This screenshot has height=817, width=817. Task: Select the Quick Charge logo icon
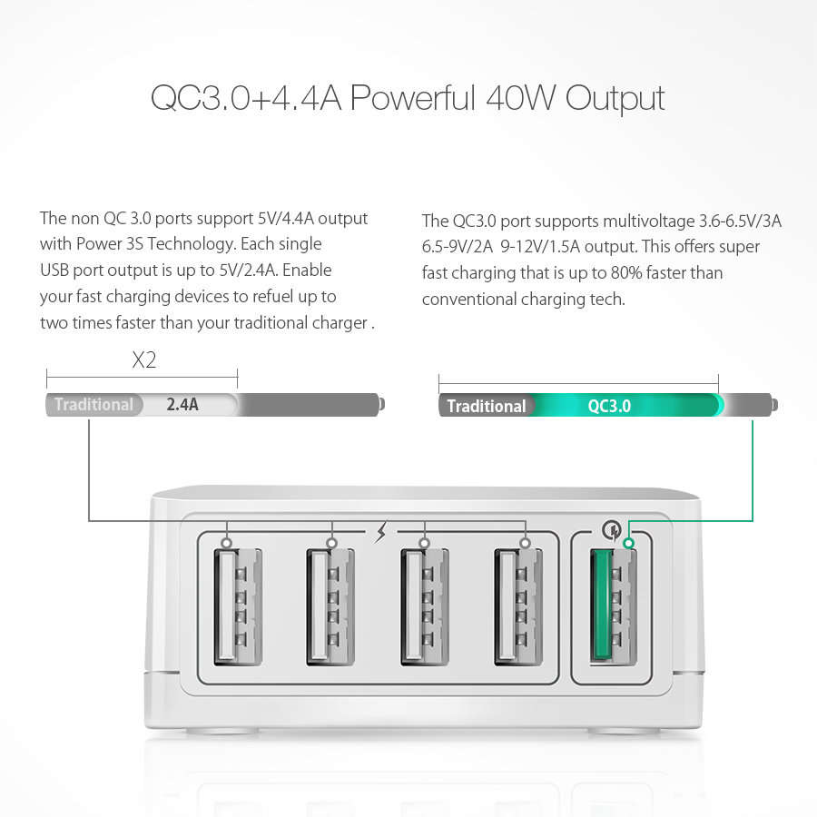609,529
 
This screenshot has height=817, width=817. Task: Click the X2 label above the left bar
143,360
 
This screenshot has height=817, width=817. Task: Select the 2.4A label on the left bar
182,405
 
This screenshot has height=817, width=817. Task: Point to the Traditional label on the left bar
94,405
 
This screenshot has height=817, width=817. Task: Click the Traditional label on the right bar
486,406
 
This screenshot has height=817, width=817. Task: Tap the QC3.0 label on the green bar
609,406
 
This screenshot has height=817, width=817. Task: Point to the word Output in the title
615,98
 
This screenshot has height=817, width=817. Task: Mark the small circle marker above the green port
626,544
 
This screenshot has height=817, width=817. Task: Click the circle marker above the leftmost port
226,544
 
